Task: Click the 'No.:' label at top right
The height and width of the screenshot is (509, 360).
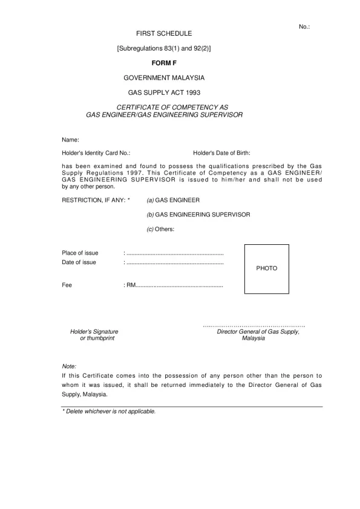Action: (x=304, y=27)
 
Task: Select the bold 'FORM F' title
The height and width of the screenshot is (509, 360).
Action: (x=164, y=62)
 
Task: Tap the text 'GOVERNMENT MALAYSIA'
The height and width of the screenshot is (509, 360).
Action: (x=164, y=78)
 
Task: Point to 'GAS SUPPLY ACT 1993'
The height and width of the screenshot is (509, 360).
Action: (x=164, y=93)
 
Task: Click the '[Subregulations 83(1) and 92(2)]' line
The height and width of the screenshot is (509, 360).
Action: (x=164, y=48)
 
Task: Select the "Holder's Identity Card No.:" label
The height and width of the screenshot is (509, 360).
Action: (x=96, y=154)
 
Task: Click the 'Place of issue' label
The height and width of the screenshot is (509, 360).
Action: (x=80, y=253)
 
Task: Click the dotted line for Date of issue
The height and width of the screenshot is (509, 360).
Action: (x=174, y=263)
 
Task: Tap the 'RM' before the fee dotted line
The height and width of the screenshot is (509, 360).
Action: (x=131, y=285)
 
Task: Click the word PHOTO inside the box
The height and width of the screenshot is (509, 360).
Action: (x=267, y=268)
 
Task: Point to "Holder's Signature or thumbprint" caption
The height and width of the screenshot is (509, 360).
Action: (x=94, y=335)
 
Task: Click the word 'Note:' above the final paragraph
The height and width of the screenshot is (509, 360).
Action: (x=69, y=366)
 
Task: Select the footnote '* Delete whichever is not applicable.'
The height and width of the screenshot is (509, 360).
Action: (x=109, y=411)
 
